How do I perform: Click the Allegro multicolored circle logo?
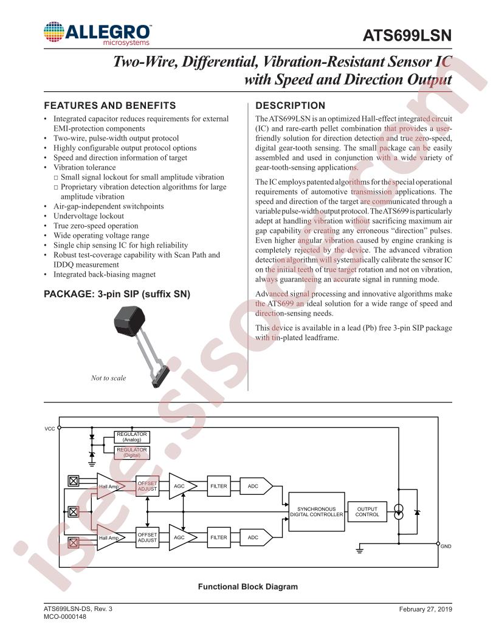[x=54, y=32]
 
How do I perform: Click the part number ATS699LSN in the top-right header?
[x=407, y=36]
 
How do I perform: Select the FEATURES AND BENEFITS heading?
[x=109, y=106]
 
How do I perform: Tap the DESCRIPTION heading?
[x=290, y=106]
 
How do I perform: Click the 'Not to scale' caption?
[x=108, y=378]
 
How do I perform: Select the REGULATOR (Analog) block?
[x=132, y=437]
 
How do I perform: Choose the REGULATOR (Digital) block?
[x=132, y=452]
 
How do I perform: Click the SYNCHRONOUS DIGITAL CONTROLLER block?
[x=316, y=512]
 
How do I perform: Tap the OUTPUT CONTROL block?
[x=367, y=512]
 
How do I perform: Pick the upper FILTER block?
[x=219, y=486]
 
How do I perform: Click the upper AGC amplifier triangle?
[x=182, y=486]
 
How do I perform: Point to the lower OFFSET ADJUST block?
[x=147, y=537]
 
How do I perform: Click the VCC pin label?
[x=49, y=429]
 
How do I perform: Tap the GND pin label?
[x=446, y=546]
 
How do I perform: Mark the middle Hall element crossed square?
[x=74, y=512]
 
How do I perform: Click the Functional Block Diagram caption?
[x=248, y=587]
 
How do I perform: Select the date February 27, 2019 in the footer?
[x=425, y=609]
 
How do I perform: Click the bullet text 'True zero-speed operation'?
[x=96, y=226]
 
